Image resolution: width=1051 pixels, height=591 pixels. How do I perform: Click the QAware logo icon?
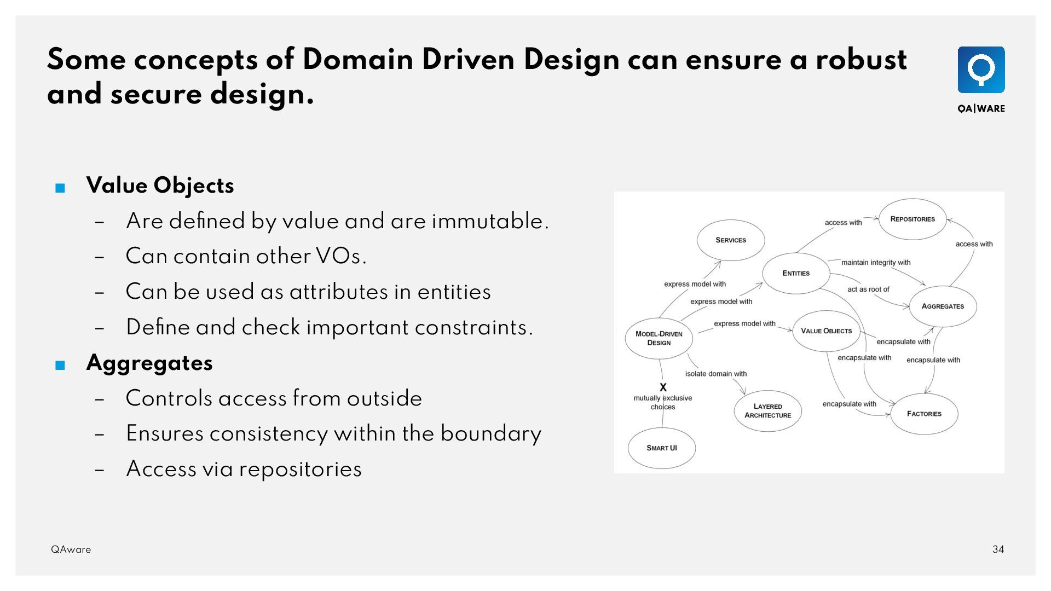pos(981,69)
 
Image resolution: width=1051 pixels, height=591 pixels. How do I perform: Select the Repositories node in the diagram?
pos(913,219)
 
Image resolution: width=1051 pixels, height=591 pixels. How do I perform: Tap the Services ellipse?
pos(731,240)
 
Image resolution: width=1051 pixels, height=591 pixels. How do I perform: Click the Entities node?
pos(796,273)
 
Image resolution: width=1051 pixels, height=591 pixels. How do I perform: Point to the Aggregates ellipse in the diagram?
pos(943,306)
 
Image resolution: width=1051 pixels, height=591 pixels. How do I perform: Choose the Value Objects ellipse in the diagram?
pos(826,331)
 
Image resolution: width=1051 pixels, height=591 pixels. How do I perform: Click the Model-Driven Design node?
pos(659,338)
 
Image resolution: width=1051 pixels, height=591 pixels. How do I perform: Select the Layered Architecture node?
pos(767,411)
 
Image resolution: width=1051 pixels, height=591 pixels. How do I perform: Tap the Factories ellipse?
pos(924,414)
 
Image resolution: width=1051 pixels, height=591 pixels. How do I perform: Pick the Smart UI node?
pos(662,448)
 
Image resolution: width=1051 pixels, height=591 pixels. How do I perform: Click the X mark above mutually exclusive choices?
pos(663,387)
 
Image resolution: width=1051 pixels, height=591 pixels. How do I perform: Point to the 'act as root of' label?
pos(868,289)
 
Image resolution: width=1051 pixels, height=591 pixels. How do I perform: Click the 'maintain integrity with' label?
pos(876,263)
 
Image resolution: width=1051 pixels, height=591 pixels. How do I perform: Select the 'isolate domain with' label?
pos(715,374)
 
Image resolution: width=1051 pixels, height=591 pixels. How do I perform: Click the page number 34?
pos(998,549)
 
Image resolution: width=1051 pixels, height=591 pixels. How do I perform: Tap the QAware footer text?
pos(71,549)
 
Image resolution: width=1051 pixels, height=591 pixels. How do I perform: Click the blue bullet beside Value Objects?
pos(60,188)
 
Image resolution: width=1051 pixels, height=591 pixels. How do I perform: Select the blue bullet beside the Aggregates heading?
pos(60,366)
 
